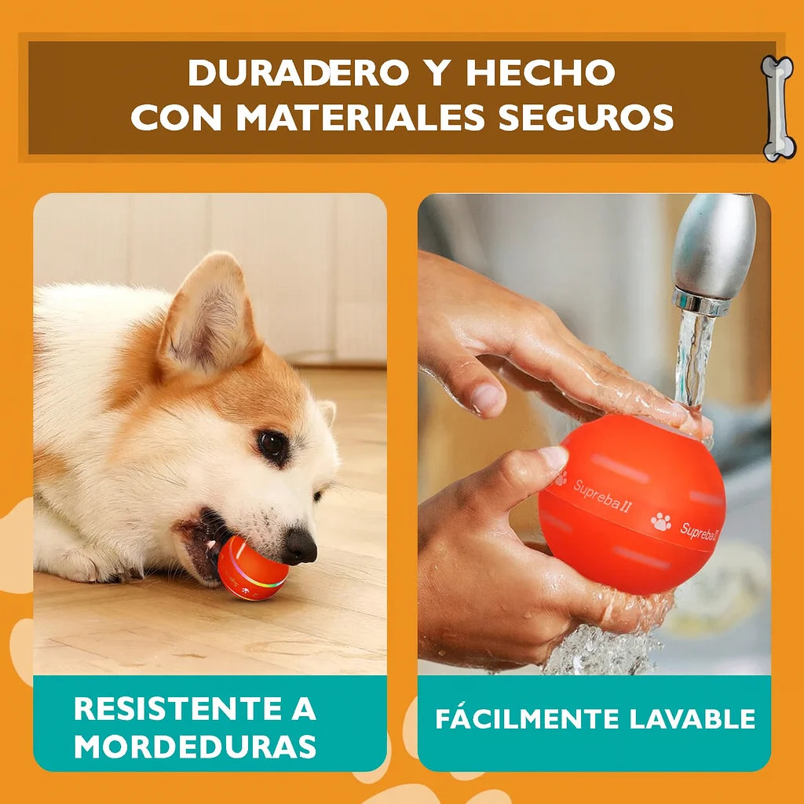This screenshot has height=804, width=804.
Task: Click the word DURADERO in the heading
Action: pos(298,72)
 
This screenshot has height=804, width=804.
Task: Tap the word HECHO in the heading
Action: pos(540,72)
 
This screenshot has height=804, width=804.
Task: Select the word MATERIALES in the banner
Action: pos(360,117)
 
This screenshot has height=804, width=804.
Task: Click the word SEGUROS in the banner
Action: pos(586,117)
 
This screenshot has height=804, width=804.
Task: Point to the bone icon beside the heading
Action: pos(778,108)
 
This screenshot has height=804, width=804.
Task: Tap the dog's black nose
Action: pos(301,546)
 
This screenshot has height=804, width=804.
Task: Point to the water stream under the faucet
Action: pos(693,359)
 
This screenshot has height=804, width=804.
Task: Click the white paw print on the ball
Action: pos(661,521)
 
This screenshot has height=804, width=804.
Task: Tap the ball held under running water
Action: pos(632,505)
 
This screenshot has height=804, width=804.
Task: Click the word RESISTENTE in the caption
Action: pos(179,709)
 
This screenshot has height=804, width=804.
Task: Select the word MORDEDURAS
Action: pos(195,746)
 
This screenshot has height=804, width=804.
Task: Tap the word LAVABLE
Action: pos(693,719)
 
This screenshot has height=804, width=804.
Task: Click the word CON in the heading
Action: pos(176,117)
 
